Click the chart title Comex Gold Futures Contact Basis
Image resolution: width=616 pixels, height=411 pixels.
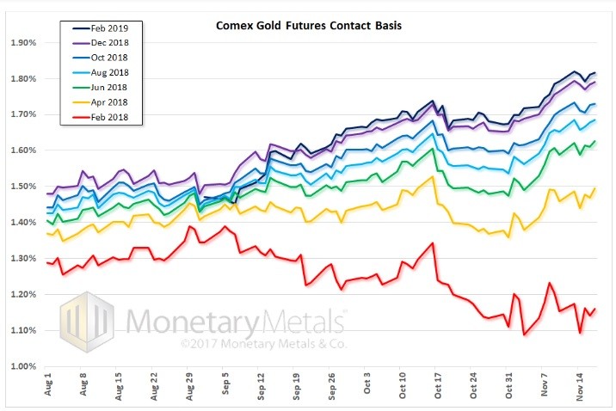307,26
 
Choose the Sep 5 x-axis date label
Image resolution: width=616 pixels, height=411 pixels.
225,387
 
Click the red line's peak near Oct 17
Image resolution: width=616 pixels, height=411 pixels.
432,243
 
